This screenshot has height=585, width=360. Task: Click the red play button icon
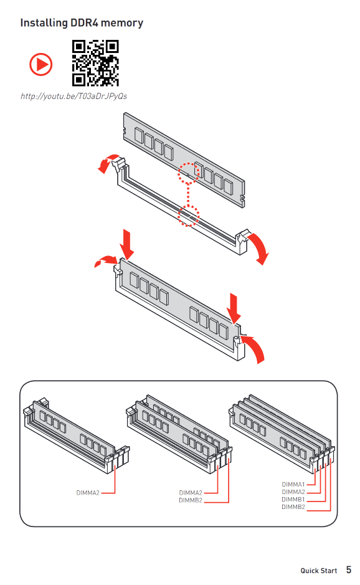pos(41,65)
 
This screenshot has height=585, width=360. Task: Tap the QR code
pos(95,63)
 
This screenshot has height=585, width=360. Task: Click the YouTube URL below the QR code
pos(74,97)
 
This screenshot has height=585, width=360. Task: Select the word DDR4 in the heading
pos(84,23)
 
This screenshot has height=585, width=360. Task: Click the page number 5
pos(349,569)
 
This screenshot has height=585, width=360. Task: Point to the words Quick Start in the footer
pos(319,571)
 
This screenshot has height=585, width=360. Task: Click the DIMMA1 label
pos(293,484)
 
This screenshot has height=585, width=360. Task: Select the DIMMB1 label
pos(293,499)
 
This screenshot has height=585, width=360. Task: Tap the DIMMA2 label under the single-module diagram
pos(88,493)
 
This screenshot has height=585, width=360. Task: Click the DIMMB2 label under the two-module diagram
pos(191,500)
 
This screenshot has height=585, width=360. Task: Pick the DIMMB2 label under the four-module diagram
pos(293,507)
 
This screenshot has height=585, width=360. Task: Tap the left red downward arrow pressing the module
pos(127,244)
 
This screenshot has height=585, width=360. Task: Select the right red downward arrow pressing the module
pos(234,308)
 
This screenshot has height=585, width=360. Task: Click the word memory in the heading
pos(122,24)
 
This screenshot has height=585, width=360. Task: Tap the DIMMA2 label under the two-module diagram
pos(191,493)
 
